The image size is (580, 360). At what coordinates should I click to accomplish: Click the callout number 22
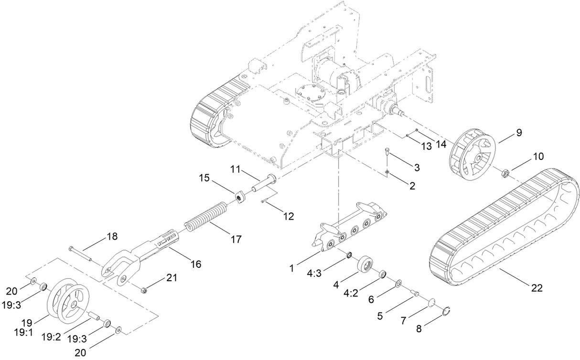(x=537, y=288)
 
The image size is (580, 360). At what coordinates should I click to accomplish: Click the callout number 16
(x=196, y=264)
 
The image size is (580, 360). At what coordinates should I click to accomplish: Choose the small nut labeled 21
(x=143, y=291)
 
